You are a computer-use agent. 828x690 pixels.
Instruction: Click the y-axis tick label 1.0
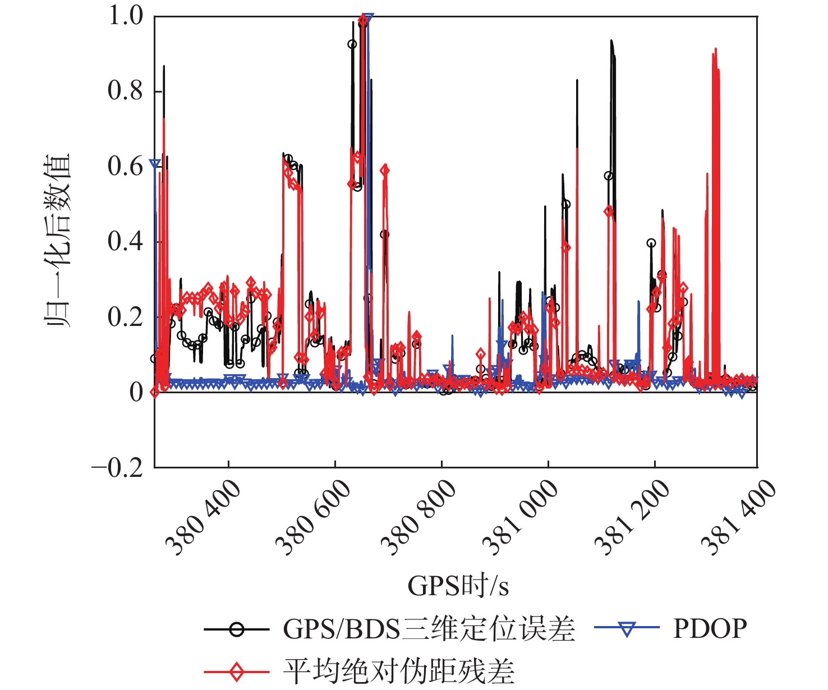tap(126, 16)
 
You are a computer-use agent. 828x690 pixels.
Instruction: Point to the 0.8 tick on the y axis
tap(126, 91)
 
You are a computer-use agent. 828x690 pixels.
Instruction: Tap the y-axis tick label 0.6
tap(126, 167)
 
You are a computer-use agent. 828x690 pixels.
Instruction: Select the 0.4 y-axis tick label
tap(126, 242)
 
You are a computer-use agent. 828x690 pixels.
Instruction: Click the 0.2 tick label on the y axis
tap(126, 317)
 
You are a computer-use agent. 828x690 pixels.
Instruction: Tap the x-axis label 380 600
tap(313, 517)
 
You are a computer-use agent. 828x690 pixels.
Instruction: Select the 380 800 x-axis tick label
tap(418, 517)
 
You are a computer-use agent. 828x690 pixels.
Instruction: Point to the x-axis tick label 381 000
tap(521, 517)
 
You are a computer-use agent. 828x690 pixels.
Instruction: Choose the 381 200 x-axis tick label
tap(632, 517)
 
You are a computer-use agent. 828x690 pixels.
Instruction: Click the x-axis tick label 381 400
tap(738, 517)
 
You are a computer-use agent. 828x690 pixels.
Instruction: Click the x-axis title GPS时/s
tap(458, 586)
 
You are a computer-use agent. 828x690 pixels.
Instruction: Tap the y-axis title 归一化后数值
tap(58, 241)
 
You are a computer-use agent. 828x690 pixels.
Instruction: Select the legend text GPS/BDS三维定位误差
tap(429, 629)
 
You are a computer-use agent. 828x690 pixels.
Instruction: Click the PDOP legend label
tap(710, 629)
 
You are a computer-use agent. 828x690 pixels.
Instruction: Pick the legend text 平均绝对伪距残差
tap(398, 671)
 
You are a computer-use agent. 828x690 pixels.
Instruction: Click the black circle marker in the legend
tap(237, 629)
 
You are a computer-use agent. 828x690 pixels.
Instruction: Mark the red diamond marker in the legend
tap(237, 671)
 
